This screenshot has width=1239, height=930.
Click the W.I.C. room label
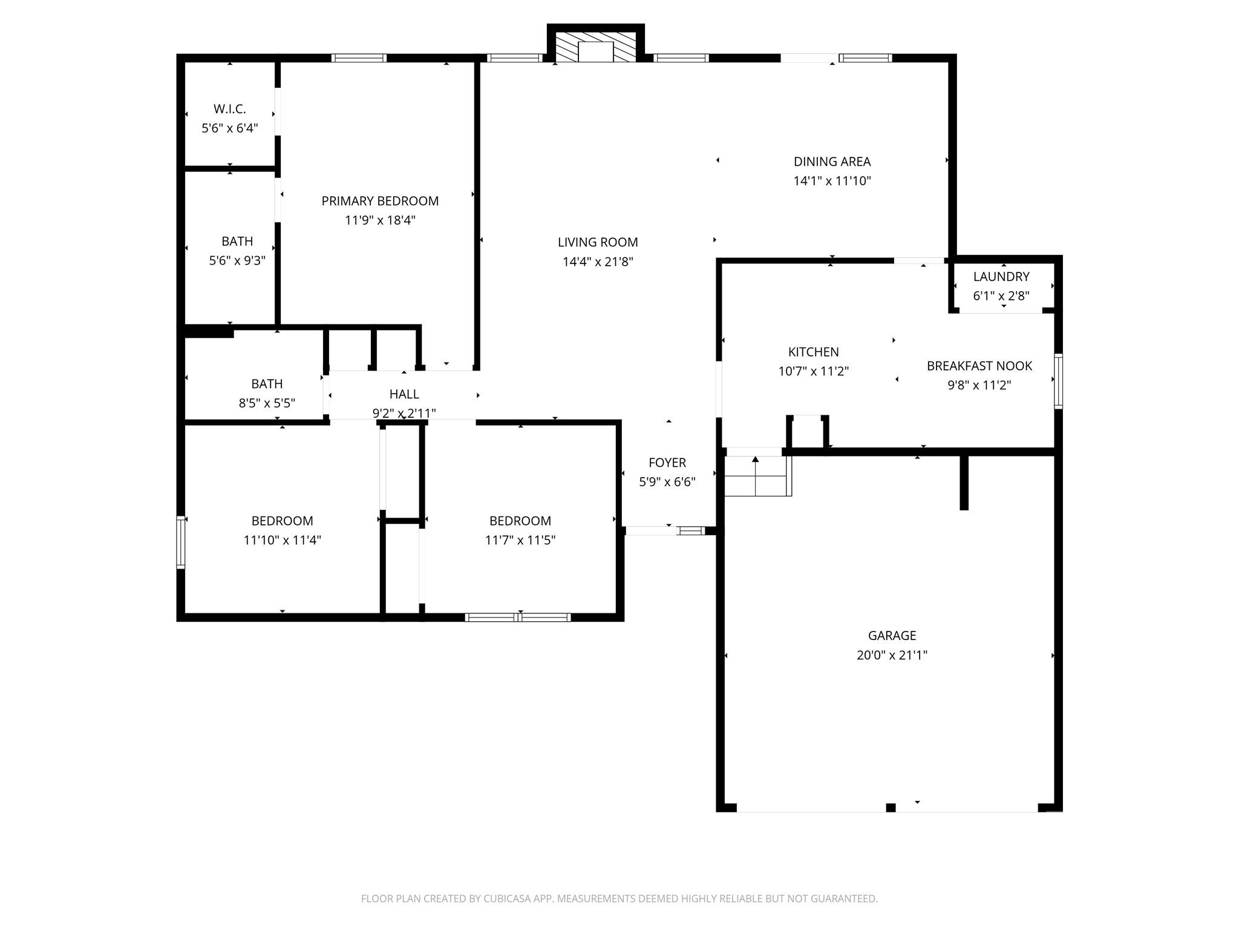click(230, 109)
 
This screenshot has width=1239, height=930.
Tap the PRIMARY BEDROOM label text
click(380, 201)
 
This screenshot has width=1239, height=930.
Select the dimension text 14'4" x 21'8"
click(598, 262)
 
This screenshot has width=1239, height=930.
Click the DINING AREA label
click(832, 162)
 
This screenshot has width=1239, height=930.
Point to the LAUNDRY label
click(1001, 277)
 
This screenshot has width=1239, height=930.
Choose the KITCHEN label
click(814, 352)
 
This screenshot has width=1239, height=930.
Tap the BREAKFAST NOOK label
click(979, 366)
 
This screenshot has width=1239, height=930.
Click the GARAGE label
click(892, 636)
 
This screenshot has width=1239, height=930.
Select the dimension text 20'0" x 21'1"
click(892, 655)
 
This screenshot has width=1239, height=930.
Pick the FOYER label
click(667, 463)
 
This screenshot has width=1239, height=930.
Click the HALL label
click(404, 394)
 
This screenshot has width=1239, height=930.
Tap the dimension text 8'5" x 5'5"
click(267, 403)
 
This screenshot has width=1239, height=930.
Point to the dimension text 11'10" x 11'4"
click(283, 540)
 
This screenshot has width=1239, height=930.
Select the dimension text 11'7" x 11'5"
click(520, 540)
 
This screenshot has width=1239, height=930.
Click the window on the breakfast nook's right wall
click(1058, 381)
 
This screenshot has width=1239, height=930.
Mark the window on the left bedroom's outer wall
click(180, 542)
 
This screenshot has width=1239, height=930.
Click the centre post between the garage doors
click(891, 807)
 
